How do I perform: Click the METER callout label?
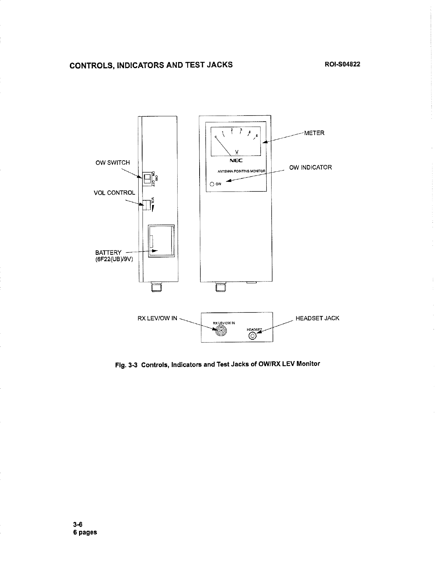tap(314, 133)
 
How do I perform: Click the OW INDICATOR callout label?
tap(311, 167)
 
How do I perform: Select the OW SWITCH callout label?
tap(113, 163)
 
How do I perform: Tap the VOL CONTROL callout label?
tap(114, 193)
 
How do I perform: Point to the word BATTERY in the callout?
tap(108, 252)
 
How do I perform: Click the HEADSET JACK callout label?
tap(317, 318)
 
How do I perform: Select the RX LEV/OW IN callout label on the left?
tap(157, 318)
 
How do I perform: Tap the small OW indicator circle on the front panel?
tap(212, 184)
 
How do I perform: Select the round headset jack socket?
tap(252, 336)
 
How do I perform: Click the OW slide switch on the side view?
tap(146, 179)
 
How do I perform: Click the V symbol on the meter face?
tap(236, 152)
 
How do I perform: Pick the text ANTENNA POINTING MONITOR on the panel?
tap(241, 171)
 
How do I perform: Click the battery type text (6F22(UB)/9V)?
tap(114, 259)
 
